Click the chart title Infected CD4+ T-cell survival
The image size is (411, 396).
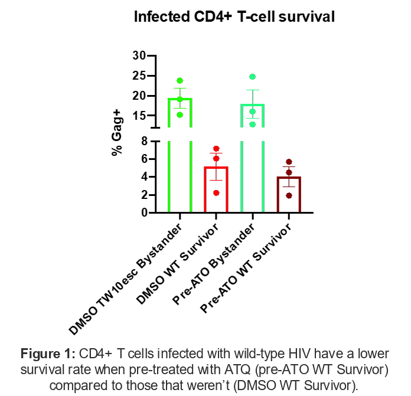tap(234, 17)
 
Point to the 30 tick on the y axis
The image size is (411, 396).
tap(139, 55)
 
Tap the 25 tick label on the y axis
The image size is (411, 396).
tap(139, 76)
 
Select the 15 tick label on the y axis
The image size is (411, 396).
tap(139, 116)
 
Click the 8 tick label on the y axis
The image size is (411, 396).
tap(142, 140)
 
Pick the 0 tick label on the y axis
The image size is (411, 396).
tap(142, 212)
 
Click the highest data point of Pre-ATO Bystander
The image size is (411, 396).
tap(252, 77)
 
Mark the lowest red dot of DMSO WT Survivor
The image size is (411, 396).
tap(216, 192)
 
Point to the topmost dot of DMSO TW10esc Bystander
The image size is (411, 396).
tap(180, 80)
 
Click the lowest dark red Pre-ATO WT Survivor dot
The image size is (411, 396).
tap(289, 195)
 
